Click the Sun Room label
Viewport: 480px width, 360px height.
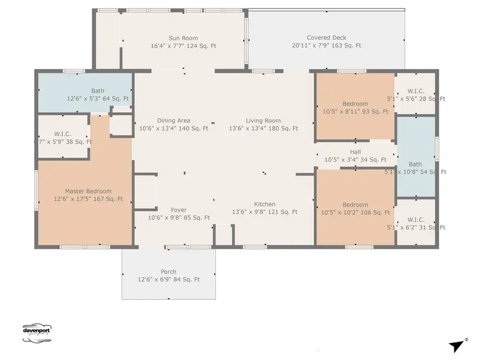[x=183, y=38]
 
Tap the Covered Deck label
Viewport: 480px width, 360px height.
[x=326, y=38]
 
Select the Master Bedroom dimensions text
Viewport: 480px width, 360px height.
[x=89, y=199]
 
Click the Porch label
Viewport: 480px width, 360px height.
[x=169, y=271]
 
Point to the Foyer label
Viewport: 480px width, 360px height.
[x=179, y=210]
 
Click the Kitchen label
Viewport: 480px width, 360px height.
[x=265, y=204]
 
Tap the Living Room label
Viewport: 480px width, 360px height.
[x=263, y=121]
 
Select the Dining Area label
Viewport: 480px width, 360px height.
[x=173, y=121]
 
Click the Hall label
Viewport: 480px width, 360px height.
[x=355, y=152]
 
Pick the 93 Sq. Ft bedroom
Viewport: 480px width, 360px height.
[x=355, y=107]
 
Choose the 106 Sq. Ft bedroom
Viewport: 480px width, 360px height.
[x=355, y=208]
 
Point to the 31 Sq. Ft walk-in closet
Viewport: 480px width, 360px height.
[x=415, y=223]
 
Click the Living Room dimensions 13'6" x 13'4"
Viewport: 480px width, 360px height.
[x=263, y=129]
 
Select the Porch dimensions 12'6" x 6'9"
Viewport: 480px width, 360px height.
[x=169, y=279]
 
